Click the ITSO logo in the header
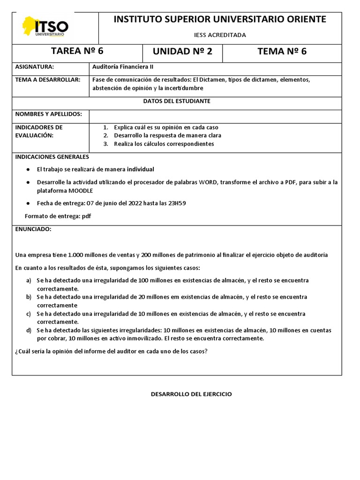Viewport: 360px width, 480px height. click(x=45, y=27)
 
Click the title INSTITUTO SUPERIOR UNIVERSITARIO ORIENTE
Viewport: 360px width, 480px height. click(x=220, y=19)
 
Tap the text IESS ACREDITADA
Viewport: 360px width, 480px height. click(x=220, y=35)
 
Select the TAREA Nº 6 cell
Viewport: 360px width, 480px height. click(x=77, y=52)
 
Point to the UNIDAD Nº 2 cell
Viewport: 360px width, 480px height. click(x=182, y=52)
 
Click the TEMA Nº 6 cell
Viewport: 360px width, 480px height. click(x=282, y=52)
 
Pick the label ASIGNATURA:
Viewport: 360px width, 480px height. click(x=35, y=67)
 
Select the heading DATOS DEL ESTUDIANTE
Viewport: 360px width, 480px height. click(x=177, y=101)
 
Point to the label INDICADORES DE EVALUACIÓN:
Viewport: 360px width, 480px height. click(x=39, y=131)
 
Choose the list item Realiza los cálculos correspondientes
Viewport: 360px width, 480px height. click(x=164, y=144)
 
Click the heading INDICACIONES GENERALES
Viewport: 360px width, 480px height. click(x=52, y=157)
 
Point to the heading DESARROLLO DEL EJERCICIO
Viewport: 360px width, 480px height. click(x=191, y=394)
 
